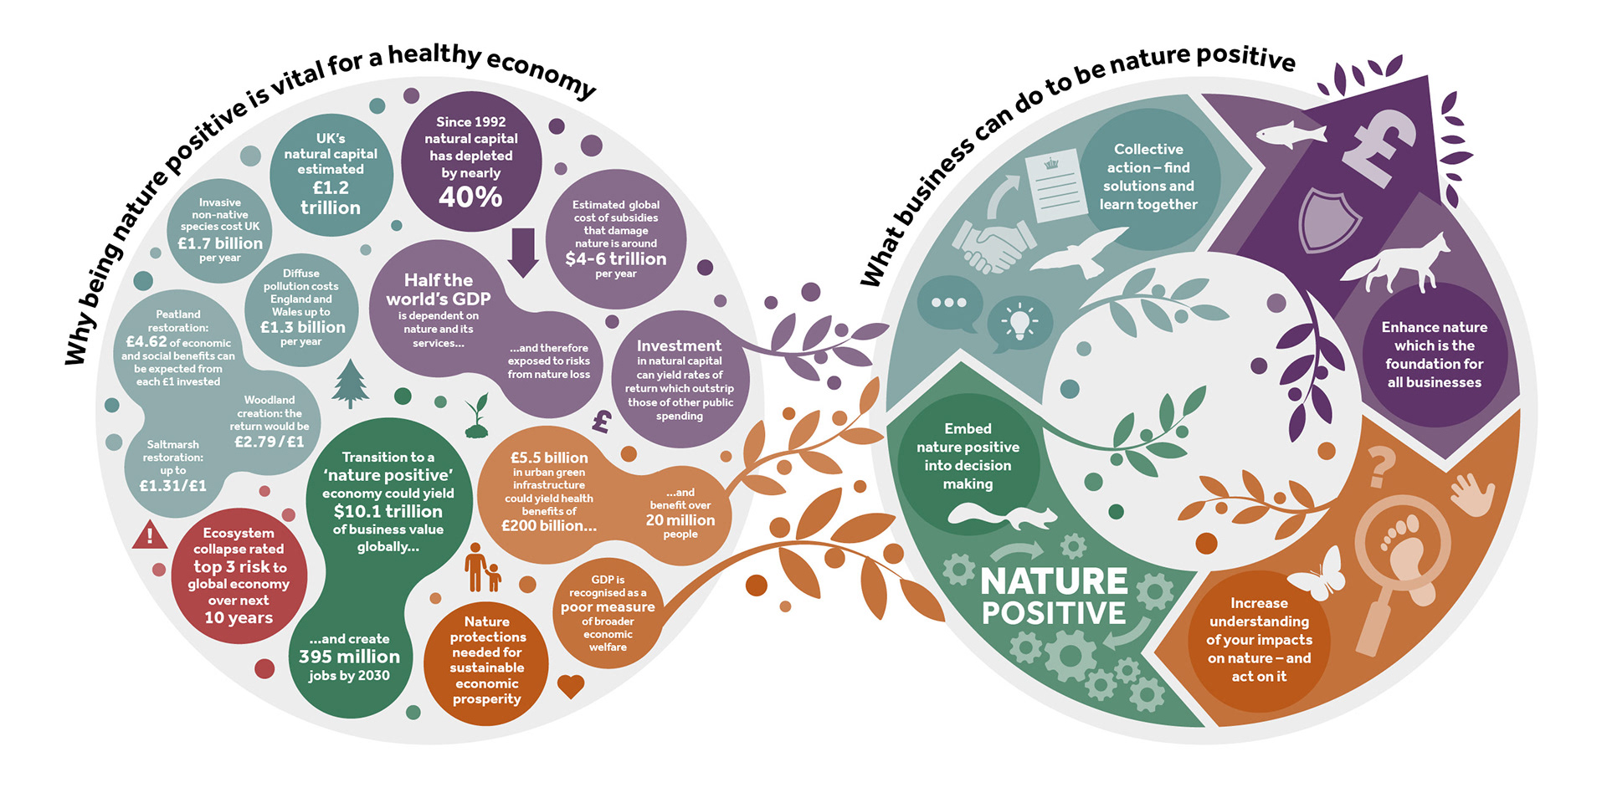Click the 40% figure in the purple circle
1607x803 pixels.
click(x=470, y=197)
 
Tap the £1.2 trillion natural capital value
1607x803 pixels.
click(x=331, y=198)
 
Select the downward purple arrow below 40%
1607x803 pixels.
click(x=523, y=252)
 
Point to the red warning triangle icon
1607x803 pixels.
click(x=150, y=534)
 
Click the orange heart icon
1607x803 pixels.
click(x=571, y=686)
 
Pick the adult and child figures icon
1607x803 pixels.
click(x=483, y=568)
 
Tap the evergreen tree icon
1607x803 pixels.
click(x=351, y=383)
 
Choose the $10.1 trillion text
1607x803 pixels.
click(x=388, y=511)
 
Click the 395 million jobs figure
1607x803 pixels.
click(x=349, y=657)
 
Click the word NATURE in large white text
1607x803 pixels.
click(x=1054, y=581)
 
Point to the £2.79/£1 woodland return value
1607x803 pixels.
click(x=270, y=442)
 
